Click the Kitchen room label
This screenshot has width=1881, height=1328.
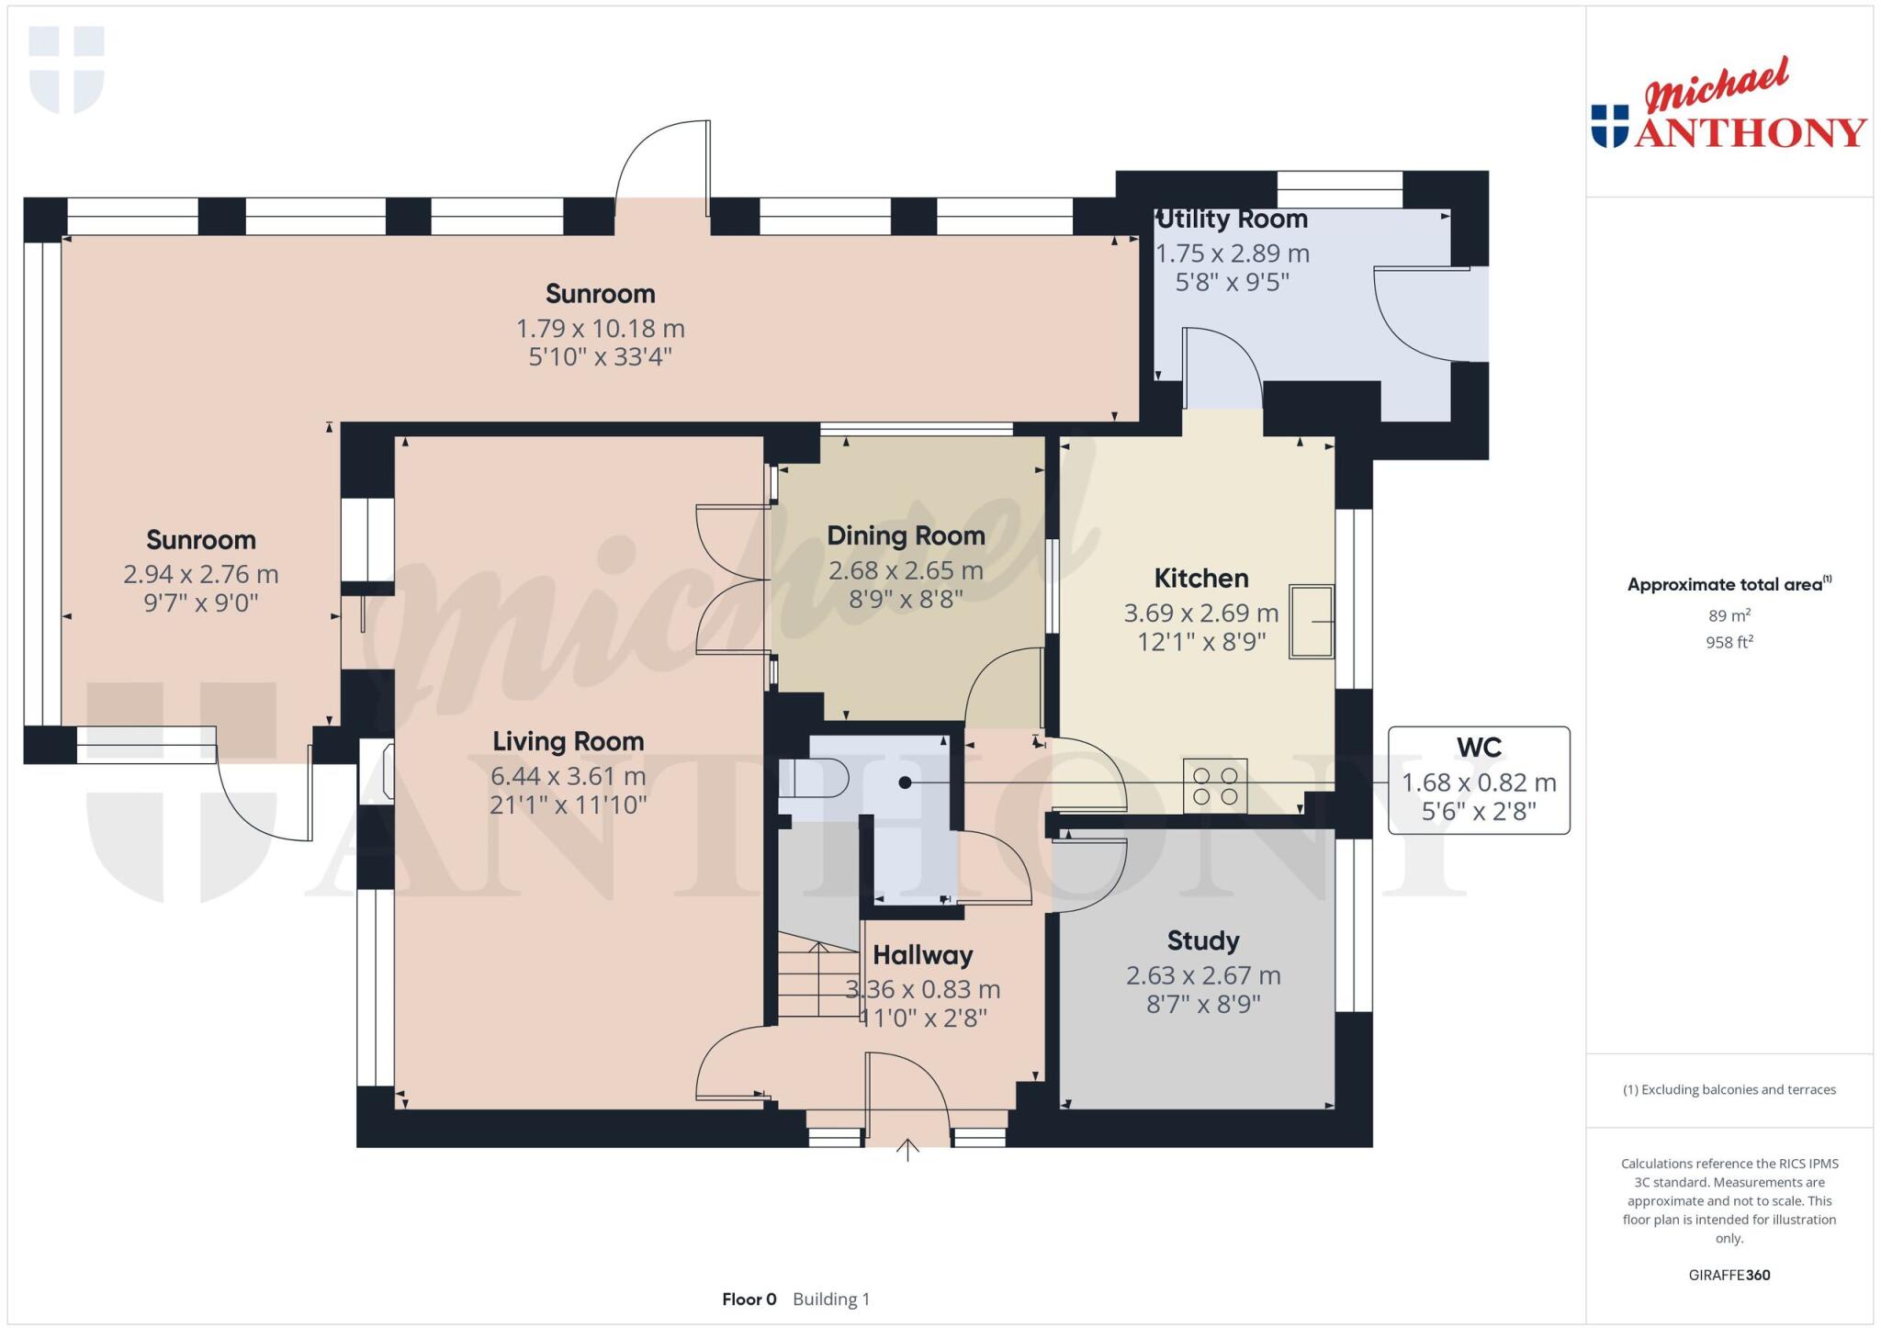point(1200,579)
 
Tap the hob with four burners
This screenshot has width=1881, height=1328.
point(1214,785)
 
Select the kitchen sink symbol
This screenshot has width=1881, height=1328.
point(1311,622)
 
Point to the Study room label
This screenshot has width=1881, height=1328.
point(1202,940)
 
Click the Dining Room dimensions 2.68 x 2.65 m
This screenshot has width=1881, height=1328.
point(906,570)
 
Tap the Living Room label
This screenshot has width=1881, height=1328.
point(568,741)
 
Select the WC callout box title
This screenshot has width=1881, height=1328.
point(1478,748)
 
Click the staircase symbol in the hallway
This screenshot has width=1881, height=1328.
point(818,981)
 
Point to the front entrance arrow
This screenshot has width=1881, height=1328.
point(907,1150)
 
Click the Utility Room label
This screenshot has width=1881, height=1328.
point(1232,219)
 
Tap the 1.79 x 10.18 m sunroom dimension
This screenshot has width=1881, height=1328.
point(600,328)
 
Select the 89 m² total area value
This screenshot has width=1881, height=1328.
point(1729,615)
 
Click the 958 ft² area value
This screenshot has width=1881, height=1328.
point(1729,642)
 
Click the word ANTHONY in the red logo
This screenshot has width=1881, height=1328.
point(1750,133)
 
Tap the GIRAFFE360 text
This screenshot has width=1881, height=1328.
point(1729,1275)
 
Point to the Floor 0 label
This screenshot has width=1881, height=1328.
point(749,1299)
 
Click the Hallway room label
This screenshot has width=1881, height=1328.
point(922,955)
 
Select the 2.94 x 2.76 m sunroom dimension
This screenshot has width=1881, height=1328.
point(200,574)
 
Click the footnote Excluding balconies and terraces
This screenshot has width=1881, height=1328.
point(1729,1089)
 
